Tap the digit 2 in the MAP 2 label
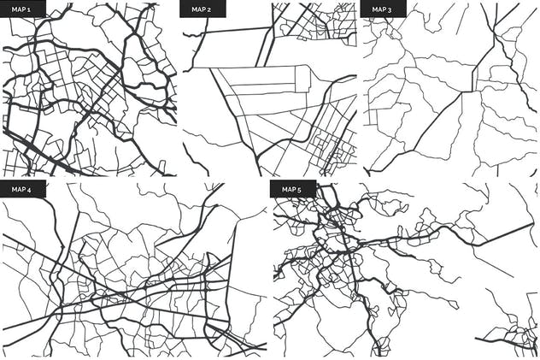[209, 9]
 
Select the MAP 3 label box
[382, 9]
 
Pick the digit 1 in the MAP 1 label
[29, 9]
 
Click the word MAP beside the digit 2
[199, 9]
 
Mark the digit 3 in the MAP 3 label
[390, 9]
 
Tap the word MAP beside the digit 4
[18, 189]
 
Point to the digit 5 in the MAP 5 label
[299, 189]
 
